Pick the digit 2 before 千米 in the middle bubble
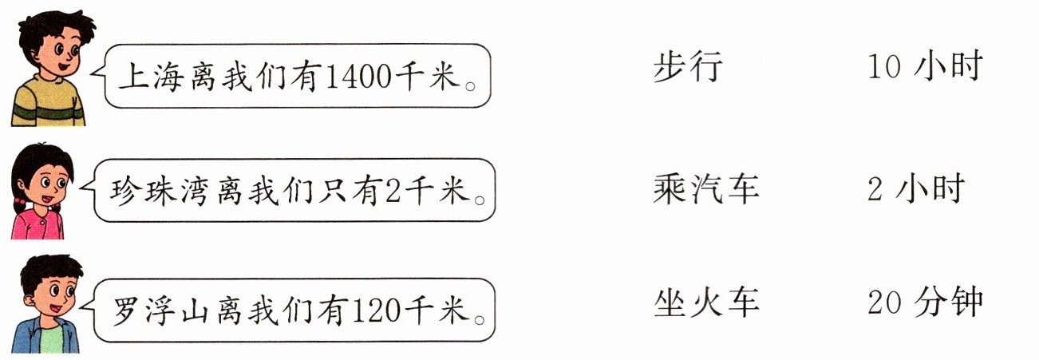(397, 192)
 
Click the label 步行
(688, 67)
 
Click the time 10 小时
(923, 67)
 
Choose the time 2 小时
(915, 189)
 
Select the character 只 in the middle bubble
(341, 192)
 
